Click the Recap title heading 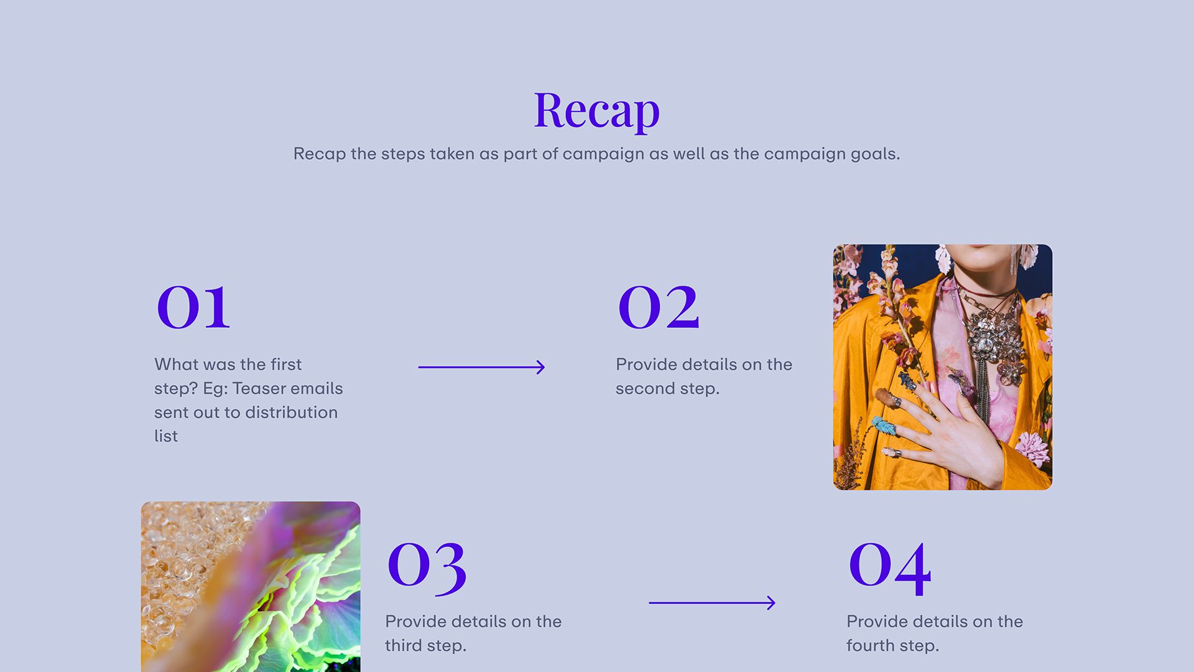pos(596,111)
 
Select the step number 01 pos(193,307)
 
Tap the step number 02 pos(659,307)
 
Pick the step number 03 pos(427,566)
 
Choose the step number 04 pos(890,566)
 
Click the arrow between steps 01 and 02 pos(481,367)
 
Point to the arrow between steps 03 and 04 pos(712,602)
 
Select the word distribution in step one pos(291,413)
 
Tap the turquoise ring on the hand pos(884,427)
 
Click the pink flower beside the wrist pos(1032,448)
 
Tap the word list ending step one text pos(166,436)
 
